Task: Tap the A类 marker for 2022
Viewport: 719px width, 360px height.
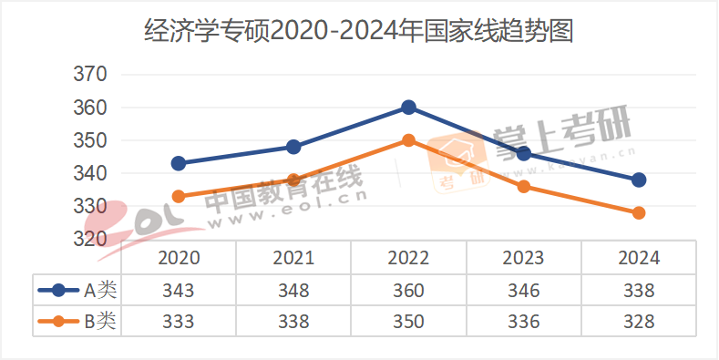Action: [408, 108]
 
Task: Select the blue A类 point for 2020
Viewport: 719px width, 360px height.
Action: [179, 163]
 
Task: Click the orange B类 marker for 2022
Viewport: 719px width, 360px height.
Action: [408, 140]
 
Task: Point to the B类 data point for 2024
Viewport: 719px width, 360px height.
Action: [639, 212]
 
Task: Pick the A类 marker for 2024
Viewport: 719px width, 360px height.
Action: [639, 180]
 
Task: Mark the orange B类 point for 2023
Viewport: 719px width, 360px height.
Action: [524, 187]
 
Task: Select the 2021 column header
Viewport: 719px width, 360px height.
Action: [293, 258]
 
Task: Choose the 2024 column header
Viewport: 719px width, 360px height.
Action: [639, 258]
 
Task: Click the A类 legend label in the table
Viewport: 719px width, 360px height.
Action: [100, 291]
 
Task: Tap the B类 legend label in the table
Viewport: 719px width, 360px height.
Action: [100, 321]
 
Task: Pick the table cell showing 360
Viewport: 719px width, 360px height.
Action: [408, 291]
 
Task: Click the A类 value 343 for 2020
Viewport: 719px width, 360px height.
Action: [179, 291]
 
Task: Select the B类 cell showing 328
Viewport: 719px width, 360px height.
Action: [639, 321]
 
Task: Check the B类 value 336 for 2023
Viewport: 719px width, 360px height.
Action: [524, 321]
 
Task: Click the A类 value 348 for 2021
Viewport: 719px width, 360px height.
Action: [293, 291]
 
